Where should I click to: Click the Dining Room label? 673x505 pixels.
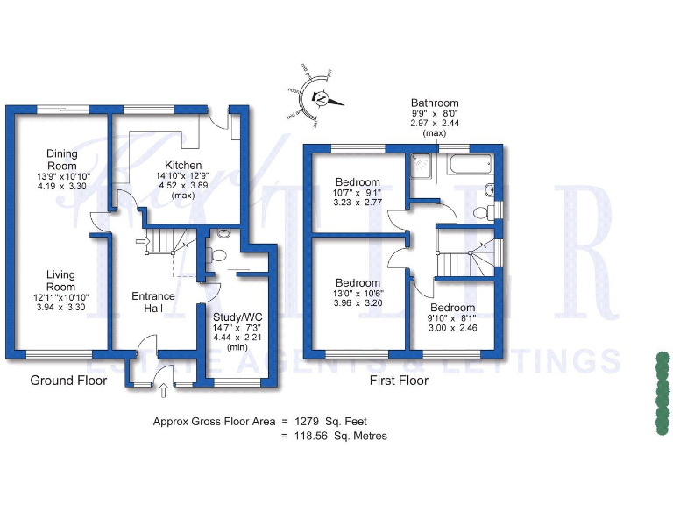point(61,160)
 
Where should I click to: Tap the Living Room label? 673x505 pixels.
point(60,281)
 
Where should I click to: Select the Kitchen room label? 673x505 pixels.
point(184,165)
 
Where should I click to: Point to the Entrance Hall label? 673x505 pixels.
point(153,302)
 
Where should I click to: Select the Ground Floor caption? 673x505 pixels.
point(68,381)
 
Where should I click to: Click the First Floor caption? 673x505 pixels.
point(399,381)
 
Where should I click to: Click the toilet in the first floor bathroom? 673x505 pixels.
point(481,212)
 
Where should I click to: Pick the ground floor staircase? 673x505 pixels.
point(166,238)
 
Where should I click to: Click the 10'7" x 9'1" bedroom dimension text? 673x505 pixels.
point(358,169)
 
